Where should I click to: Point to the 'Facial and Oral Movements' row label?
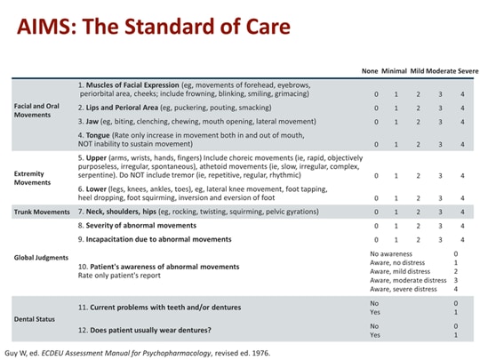(x=37, y=111)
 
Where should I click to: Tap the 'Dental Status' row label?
(x=34, y=318)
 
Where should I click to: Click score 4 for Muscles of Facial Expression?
(x=462, y=94)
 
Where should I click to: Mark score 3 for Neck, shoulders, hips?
(x=440, y=212)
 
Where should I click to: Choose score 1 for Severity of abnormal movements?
(x=396, y=227)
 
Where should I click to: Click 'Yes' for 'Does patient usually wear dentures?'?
(x=374, y=335)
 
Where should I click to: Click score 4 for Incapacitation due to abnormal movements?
(x=462, y=240)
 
